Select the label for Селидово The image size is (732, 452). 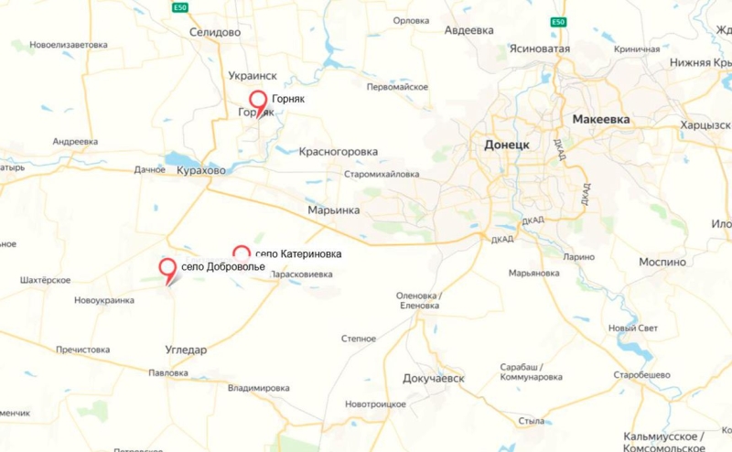[x=215, y=32]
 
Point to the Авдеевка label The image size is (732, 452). [x=468, y=29]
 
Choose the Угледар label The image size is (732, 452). [x=186, y=350]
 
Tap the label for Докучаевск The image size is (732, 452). [x=434, y=378]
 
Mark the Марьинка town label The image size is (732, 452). [x=333, y=210]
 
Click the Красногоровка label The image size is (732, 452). [x=338, y=152]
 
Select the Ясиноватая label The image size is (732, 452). [x=541, y=49]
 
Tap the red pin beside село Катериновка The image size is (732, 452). [x=242, y=253]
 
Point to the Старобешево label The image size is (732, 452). [x=642, y=375]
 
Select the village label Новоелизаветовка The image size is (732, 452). [x=69, y=44]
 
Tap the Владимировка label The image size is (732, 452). [x=258, y=388]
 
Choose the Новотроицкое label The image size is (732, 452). [x=375, y=404]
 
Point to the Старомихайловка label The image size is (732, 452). [x=382, y=174]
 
